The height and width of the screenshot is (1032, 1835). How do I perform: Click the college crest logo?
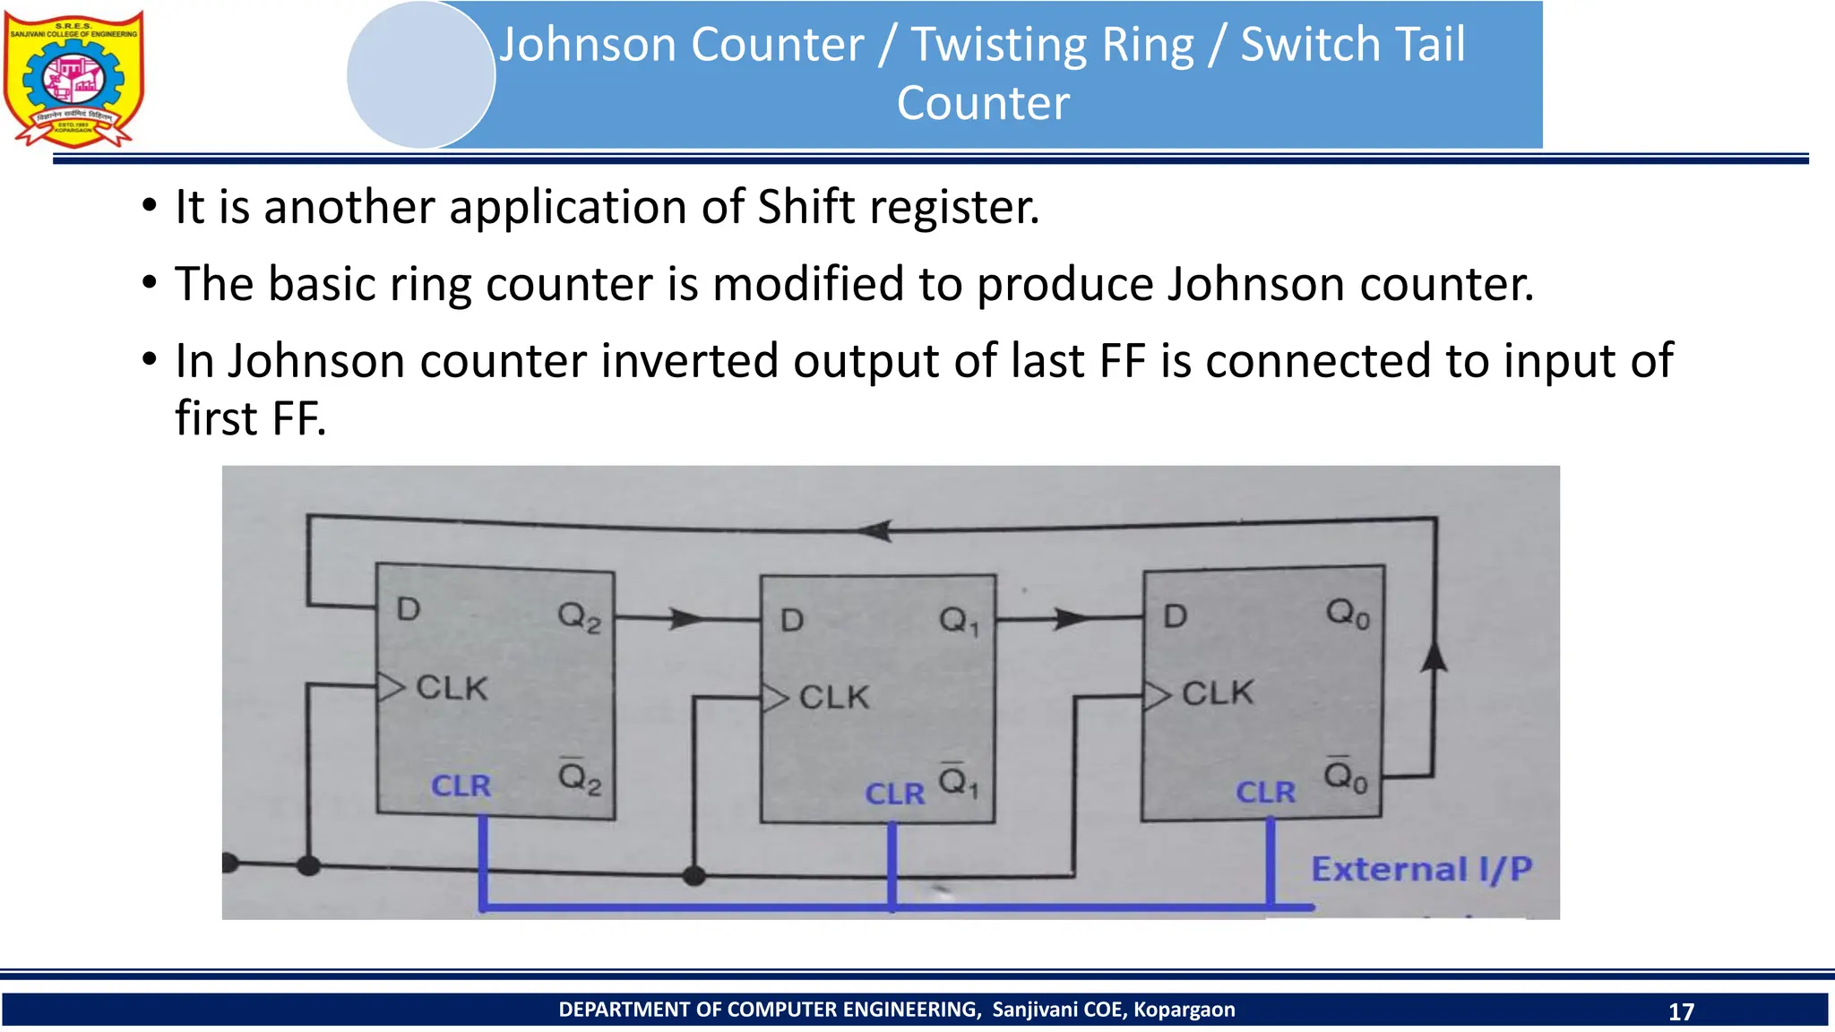tap(73, 79)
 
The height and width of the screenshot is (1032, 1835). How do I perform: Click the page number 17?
tap(1681, 1011)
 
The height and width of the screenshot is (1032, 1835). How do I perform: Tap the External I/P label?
tap(1421, 869)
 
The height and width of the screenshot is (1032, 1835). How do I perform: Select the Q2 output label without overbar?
tap(579, 616)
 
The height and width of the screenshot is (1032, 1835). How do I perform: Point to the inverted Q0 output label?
tap(1347, 775)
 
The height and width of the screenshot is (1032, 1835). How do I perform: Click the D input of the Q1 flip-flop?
tap(792, 620)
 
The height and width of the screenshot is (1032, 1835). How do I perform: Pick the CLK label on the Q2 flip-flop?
tap(452, 688)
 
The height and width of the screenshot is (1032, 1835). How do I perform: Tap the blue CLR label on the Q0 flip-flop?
tap(1265, 792)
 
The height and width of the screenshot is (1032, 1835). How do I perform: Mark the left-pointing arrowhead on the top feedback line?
tap(874, 530)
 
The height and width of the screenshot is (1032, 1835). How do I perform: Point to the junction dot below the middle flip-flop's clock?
tap(694, 875)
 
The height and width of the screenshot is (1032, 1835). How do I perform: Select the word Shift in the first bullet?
tap(806, 207)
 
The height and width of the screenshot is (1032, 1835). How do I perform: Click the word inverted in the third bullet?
tap(689, 361)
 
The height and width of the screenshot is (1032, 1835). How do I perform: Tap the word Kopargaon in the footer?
tap(1184, 1010)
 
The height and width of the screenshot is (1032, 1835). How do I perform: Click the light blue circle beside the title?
tap(420, 75)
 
